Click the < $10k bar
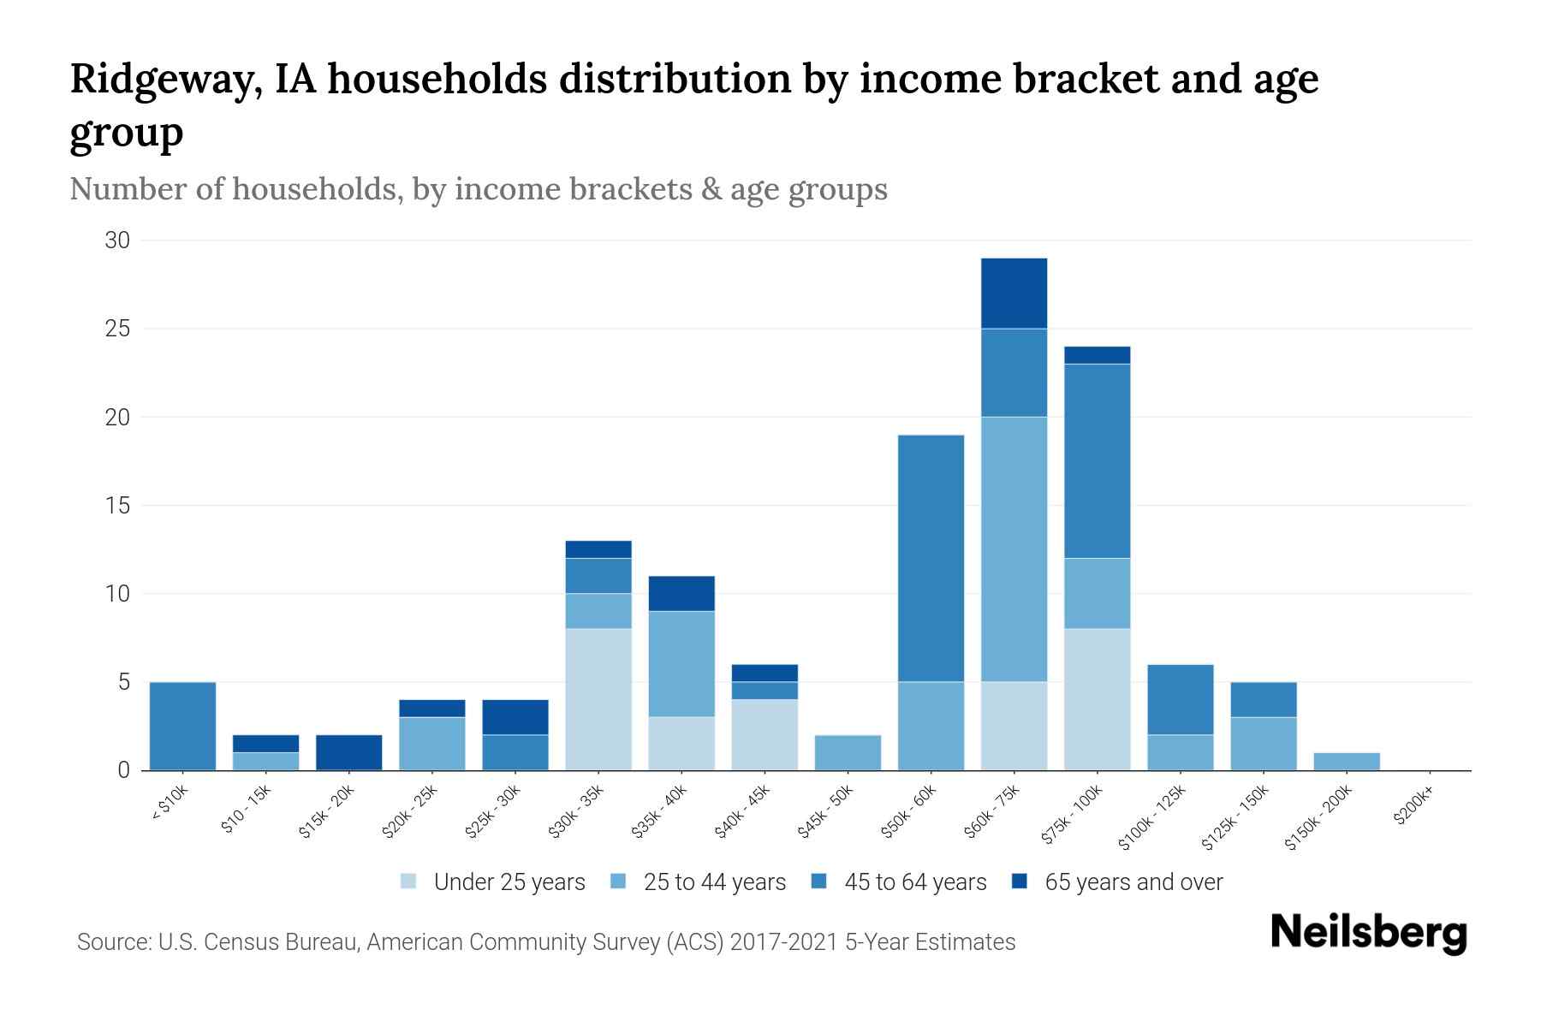point(182,726)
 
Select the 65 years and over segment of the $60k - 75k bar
point(1014,293)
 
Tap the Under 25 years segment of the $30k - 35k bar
point(598,699)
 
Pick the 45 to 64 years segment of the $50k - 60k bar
point(931,558)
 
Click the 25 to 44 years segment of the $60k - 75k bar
point(1014,549)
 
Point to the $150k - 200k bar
point(1346,761)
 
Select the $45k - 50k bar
point(848,752)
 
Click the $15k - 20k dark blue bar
point(349,752)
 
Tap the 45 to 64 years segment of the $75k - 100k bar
point(1097,460)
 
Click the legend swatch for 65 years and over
point(1020,882)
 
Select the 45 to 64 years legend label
point(914,882)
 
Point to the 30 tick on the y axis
point(117,240)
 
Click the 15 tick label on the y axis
point(117,506)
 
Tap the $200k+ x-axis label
point(1413,808)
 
